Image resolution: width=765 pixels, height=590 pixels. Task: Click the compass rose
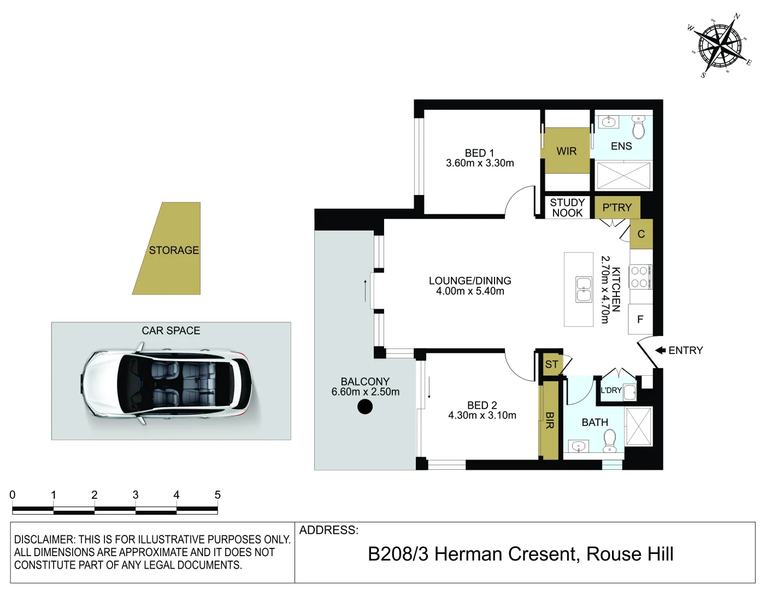(720, 46)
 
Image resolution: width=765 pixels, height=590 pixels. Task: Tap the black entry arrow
(660, 350)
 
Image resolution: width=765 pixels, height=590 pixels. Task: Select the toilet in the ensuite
(639, 127)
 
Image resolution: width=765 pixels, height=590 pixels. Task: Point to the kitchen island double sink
(584, 290)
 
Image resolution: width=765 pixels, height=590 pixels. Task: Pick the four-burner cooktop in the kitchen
(640, 277)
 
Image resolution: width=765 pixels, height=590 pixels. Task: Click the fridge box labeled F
(640, 319)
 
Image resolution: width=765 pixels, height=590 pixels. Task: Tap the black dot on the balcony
(365, 407)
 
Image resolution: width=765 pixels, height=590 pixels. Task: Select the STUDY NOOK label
(567, 208)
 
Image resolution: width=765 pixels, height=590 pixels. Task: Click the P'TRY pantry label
(617, 208)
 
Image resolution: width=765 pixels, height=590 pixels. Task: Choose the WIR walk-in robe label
(567, 151)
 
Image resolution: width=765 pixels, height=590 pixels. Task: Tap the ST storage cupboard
(551, 364)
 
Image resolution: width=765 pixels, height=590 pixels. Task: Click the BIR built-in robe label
(550, 420)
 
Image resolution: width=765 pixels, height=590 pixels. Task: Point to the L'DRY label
(611, 390)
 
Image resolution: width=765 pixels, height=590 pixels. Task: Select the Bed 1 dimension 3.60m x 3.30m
(480, 163)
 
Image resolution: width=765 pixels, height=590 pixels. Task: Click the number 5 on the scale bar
(217, 495)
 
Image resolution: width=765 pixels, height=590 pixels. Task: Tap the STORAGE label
(174, 250)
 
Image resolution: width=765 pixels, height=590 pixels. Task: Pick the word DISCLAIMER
(44, 540)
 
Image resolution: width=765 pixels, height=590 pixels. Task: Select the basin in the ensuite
(608, 122)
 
